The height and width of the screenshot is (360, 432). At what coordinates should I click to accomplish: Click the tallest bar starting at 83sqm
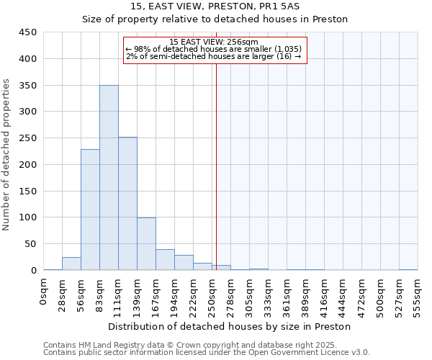coord(109,178)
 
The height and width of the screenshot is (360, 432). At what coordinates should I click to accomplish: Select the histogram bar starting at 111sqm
coord(127,204)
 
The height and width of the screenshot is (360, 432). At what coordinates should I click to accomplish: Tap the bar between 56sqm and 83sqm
coord(90,210)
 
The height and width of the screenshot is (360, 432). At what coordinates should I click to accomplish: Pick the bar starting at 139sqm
coord(146,244)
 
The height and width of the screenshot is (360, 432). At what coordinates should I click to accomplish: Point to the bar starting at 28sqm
coord(71,264)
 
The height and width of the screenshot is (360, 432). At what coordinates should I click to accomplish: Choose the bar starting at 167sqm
coord(165,260)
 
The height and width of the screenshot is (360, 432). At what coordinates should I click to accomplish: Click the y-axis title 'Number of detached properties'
coord(7,155)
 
